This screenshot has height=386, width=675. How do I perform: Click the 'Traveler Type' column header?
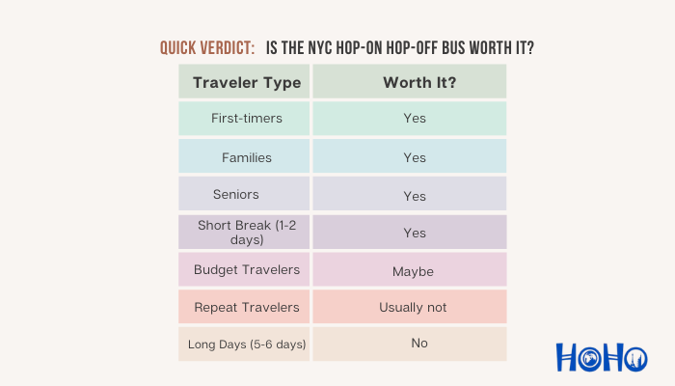pyautogui.click(x=247, y=82)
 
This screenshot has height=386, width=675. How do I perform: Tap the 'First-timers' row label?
pyautogui.click(x=247, y=119)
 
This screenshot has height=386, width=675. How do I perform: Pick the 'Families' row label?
pyautogui.click(x=247, y=157)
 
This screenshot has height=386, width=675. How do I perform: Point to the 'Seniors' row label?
pyautogui.click(x=236, y=194)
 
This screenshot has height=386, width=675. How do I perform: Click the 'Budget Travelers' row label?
pyautogui.click(x=247, y=270)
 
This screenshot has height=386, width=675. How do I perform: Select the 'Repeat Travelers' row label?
pyautogui.click(x=247, y=307)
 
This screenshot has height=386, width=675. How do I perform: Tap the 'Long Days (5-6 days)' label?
pyautogui.click(x=247, y=345)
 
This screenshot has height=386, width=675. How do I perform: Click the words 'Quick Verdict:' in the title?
pyautogui.click(x=207, y=47)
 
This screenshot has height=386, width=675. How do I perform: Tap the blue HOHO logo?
pyautogui.click(x=601, y=357)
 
